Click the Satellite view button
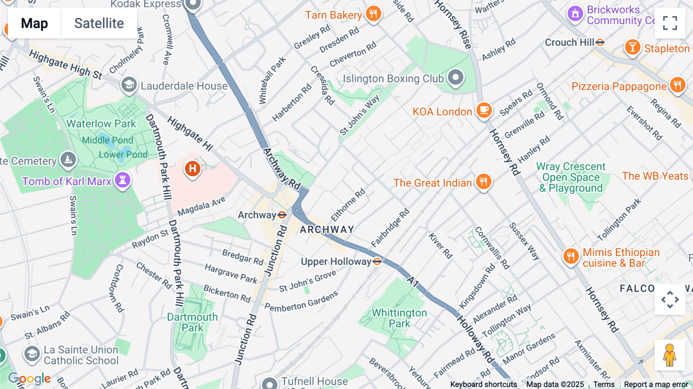click(99, 23)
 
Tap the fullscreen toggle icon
click(670, 23)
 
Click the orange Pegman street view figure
click(670, 355)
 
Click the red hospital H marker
click(192, 169)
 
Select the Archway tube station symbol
click(282, 215)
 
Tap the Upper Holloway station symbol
click(377, 262)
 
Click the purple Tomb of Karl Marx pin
click(123, 179)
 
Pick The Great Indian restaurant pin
click(484, 181)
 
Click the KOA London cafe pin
click(484, 110)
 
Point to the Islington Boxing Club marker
click(455, 77)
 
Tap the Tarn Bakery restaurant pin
click(373, 14)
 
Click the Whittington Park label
click(399, 318)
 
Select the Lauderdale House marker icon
click(129, 84)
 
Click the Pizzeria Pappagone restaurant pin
click(678, 85)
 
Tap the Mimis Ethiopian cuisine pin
click(571, 256)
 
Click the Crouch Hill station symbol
click(600, 42)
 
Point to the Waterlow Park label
click(101, 124)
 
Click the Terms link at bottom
click(604, 384)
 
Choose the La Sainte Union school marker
click(32, 354)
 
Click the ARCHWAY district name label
click(327, 230)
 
